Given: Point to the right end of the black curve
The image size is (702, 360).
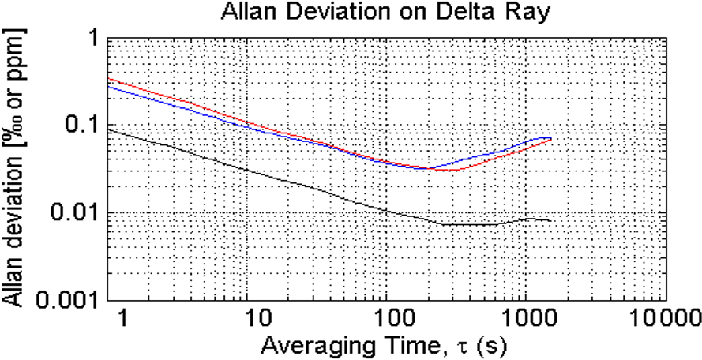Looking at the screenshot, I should tap(550, 222).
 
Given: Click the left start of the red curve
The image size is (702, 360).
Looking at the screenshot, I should tap(107, 78).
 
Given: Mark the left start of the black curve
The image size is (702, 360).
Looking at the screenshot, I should tap(107, 130).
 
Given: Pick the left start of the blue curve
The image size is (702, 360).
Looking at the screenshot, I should tap(107, 86).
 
